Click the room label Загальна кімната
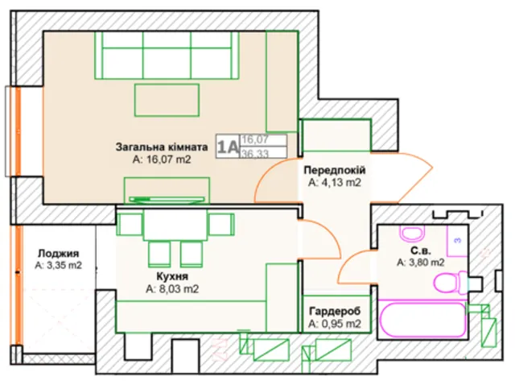click(x=162, y=147)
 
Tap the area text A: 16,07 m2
click(x=162, y=159)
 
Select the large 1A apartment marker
click(x=227, y=147)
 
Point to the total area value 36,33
click(x=255, y=153)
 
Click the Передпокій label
click(x=335, y=170)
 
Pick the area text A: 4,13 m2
click(x=335, y=183)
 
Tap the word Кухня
click(x=172, y=276)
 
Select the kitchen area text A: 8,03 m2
click(x=172, y=289)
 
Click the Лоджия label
click(x=59, y=254)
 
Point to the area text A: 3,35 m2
click(x=59, y=265)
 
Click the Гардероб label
click(x=335, y=311)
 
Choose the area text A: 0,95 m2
click(x=335, y=324)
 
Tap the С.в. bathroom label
click(x=421, y=251)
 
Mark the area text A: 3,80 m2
click(x=421, y=263)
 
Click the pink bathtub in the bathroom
click(x=422, y=319)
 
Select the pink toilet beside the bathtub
click(x=451, y=283)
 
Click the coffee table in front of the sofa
click(x=167, y=100)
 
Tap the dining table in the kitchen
click(x=175, y=225)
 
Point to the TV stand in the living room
click(x=167, y=191)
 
